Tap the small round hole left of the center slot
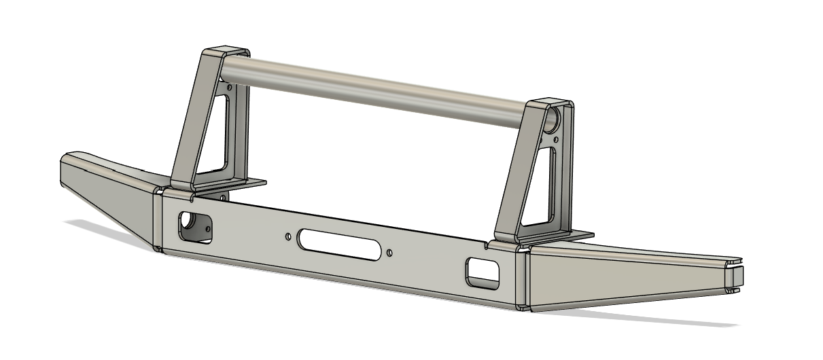click(288, 236)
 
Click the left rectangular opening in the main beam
click(194, 227)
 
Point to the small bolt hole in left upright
click(230, 88)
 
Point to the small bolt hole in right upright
click(556, 140)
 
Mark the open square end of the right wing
click(736, 276)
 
